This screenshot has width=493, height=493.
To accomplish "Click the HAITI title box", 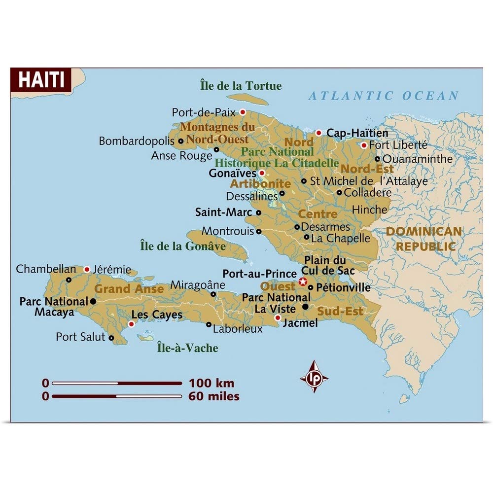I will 41,79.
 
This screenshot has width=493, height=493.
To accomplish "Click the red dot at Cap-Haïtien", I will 318,133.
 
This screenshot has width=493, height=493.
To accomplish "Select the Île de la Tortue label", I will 241,86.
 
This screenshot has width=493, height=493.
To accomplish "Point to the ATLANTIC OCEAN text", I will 384,96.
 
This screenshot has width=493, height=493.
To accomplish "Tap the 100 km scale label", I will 211,383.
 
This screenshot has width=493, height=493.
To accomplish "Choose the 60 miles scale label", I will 213,396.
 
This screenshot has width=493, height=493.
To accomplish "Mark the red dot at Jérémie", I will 87,269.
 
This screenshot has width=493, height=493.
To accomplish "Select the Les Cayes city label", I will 157,315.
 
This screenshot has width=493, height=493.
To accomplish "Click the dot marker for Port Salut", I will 111,338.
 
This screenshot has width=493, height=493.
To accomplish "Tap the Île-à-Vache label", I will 187,348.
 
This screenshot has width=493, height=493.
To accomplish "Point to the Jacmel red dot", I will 278,318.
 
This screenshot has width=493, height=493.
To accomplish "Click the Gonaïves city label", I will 232,174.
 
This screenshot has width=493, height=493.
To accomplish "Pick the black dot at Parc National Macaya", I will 93,301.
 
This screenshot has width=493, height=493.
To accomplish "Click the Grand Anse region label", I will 129,289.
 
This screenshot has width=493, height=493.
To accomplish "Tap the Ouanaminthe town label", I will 417,159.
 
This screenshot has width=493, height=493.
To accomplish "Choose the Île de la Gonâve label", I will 183,246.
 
